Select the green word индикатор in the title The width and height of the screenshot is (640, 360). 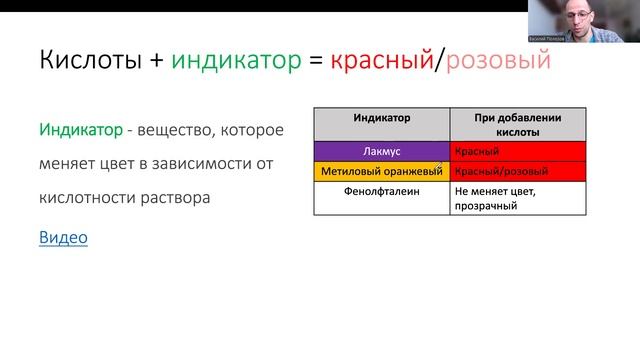[x=237, y=61]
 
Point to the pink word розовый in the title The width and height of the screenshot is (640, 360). [x=494, y=61]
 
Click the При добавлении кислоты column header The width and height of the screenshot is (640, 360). [x=517, y=124]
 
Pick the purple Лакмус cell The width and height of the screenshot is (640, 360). [x=382, y=151]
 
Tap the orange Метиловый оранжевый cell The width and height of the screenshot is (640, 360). [x=380, y=171]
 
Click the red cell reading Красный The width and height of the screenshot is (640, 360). [x=517, y=151]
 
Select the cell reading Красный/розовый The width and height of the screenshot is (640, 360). [x=517, y=171]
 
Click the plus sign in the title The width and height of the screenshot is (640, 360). [x=156, y=62]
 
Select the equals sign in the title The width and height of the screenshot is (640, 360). [x=314, y=62]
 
